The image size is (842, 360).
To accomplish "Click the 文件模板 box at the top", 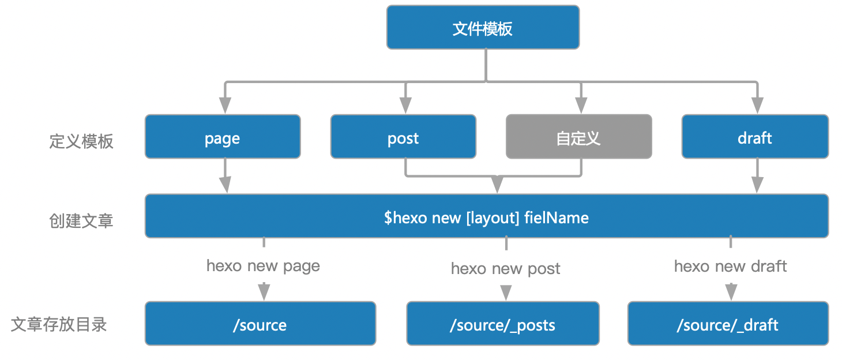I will [x=483, y=28].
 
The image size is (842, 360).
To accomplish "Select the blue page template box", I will [x=223, y=137].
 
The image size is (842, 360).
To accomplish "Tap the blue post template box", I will [x=403, y=137].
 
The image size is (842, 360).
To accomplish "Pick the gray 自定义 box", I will [x=578, y=137].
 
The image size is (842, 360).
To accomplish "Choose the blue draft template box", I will [x=755, y=137].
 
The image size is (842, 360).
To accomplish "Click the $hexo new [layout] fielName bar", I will [x=486, y=216].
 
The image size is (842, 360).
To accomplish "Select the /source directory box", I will [x=260, y=324].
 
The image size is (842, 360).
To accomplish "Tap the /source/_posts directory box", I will [x=502, y=324].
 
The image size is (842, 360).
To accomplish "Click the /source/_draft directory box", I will [x=728, y=324].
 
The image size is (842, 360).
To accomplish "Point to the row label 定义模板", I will [x=81, y=141].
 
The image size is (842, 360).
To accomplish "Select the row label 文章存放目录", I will [x=59, y=324].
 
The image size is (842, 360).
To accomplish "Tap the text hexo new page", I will [x=263, y=266].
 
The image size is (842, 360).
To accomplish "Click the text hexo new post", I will [x=505, y=268].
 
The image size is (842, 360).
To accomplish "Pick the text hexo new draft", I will [x=730, y=266].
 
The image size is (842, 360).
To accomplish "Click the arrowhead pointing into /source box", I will [x=264, y=292].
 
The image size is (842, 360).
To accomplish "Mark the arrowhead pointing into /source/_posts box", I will [x=506, y=293].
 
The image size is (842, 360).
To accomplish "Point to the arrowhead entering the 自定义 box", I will [x=581, y=105].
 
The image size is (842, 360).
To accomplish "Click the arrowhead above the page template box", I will [x=225, y=105].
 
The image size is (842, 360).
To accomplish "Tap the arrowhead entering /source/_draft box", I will [x=731, y=292].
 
